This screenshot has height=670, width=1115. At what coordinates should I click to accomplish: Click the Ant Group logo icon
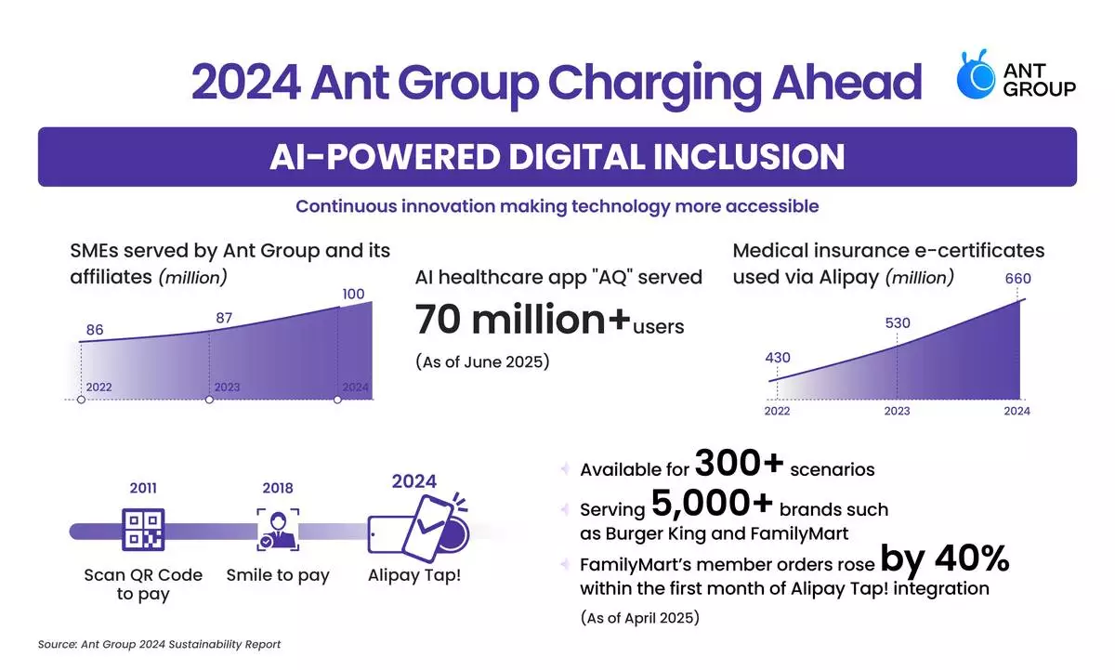pyautogui.click(x=978, y=77)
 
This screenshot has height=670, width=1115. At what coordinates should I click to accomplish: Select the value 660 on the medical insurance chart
pyautogui.click(x=1017, y=279)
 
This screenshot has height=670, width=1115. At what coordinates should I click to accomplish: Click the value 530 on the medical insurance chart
pyautogui.click(x=898, y=323)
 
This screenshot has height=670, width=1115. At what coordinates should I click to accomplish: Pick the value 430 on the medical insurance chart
pyautogui.click(x=778, y=358)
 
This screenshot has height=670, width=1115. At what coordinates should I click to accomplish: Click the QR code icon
pyautogui.click(x=142, y=530)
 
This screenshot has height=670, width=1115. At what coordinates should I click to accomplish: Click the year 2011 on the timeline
pyautogui.click(x=142, y=486)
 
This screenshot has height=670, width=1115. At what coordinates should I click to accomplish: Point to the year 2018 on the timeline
pyautogui.click(x=278, y=486)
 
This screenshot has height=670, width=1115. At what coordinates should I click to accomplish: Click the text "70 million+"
pyautogui.click(x=523, y=320)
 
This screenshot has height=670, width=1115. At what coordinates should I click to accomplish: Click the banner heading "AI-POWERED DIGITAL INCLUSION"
pyautogui.click(x=557, y=156)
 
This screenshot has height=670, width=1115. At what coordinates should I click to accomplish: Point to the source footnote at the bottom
pyautogui.click(x=159, y=644)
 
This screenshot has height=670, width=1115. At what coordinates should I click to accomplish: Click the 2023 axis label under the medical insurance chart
pyautogui.click(x=897, y=411)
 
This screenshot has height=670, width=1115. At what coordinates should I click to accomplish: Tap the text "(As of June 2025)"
pyautogui.click(x=482, y=361)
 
